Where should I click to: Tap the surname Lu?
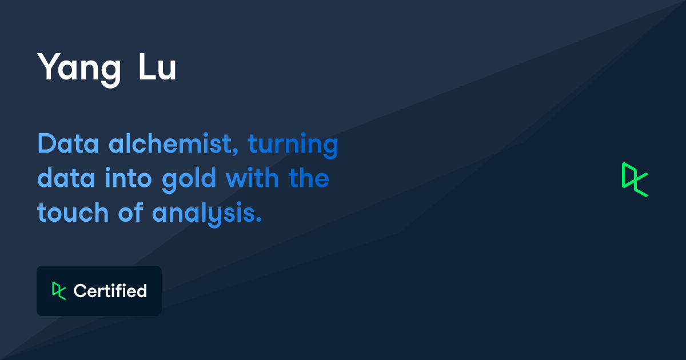tap(157, 67)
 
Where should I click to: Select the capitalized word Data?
tap(68, 143)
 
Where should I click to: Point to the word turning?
tap(293, 145)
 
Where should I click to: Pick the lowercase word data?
tap(66, 178)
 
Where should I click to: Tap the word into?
tap(128, 178)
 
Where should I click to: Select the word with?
tap(252, 177)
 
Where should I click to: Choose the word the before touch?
tap(309, 177)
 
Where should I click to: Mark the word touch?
tap(73, 212)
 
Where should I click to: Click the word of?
tap(131, 211)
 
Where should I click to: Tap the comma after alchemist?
tap(236, 151)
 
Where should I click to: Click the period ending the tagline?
tap(259, 219)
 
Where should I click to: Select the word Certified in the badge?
tap(110, 290)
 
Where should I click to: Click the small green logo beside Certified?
tap(59, 291)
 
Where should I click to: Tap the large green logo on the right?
tap(635, 179)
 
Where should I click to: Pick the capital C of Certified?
tap(81, 291)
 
